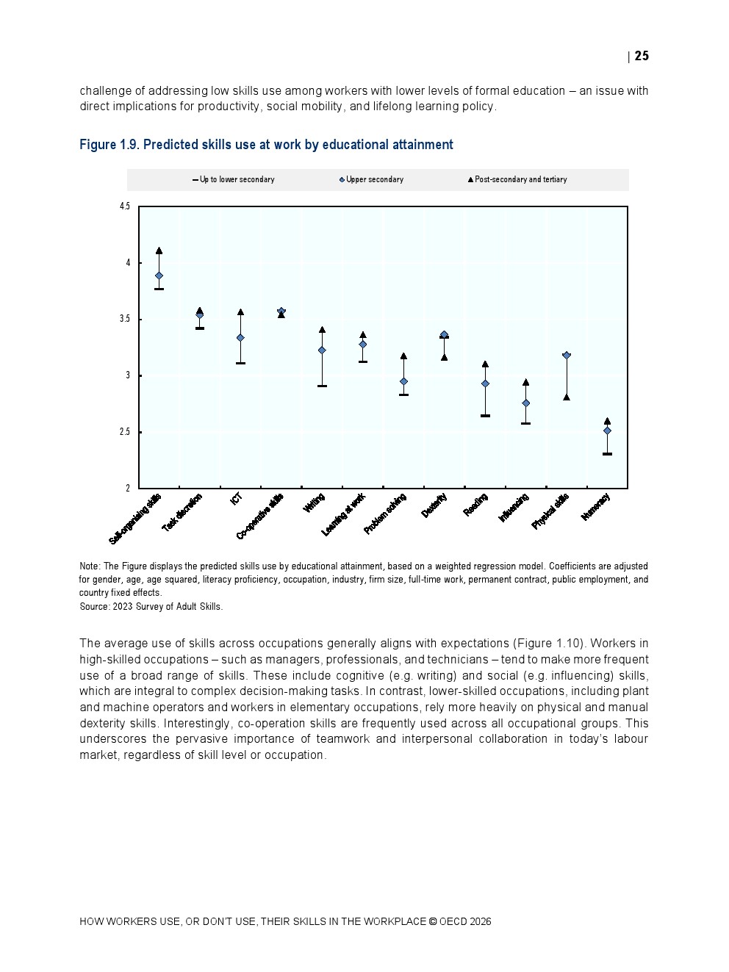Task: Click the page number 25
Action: pyautogui.click(x=642, y=56)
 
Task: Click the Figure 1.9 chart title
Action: pyautogui.click(x=266, y=145)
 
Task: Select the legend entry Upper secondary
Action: pyautogui.click(x=374, y=179)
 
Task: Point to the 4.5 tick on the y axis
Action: pyautogui.click(x=125, y=206)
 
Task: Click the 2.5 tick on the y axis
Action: pyautogui.click(x=125, y=432)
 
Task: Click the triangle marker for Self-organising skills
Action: pyautogui.click(x=159, y=251)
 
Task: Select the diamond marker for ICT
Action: pyautogui.click(x=240, y=338)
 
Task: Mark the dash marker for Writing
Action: pyautogui.click(x=322, y=386)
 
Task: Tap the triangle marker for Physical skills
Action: pyautogui.click(x=567, y=397)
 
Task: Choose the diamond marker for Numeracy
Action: pyautogui.click(x=607, y=431)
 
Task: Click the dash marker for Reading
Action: pyautogui.click(x=485, y=416)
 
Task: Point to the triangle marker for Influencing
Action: pyautogui.click(x=525, y=382)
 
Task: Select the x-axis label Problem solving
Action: pyautogui.click(x=386, y=514)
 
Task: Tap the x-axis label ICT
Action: pyautogui.click(x=237, y=498)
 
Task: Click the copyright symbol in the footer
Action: pyautogui.click(x=433, y=921)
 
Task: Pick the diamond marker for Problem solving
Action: pyautogui.click(x=403, y=382)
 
